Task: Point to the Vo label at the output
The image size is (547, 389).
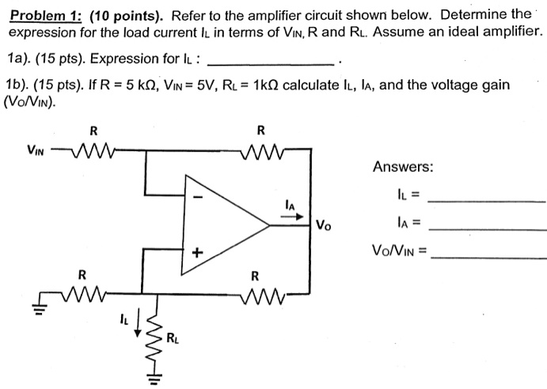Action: point(324,224)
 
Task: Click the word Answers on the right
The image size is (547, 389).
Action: point(402,167)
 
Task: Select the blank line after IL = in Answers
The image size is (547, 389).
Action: point(485,200)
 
